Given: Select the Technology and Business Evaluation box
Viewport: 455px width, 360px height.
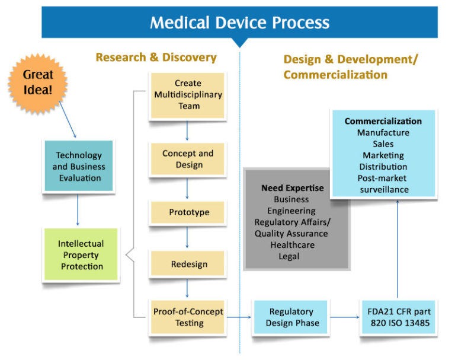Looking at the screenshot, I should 79,166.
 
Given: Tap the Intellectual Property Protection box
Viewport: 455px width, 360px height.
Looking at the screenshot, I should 81,255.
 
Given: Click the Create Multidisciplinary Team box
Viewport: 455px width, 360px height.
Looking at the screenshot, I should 187,95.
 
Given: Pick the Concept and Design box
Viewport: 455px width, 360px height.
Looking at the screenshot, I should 187,159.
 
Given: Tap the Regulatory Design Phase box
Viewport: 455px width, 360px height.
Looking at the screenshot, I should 290,317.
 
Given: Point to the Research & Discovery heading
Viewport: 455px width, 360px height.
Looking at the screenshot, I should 156,58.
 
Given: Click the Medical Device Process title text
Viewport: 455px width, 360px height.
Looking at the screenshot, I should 239,23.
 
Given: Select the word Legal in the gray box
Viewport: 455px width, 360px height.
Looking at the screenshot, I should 289,256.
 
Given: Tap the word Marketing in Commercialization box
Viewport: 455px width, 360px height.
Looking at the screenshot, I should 383,155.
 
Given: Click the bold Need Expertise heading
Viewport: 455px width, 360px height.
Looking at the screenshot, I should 292,188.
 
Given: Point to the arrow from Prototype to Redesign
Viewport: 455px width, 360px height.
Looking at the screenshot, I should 188,237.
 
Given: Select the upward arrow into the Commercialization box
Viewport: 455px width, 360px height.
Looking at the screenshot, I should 398,249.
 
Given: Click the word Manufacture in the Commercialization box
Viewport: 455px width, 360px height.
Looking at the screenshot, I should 383,132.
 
